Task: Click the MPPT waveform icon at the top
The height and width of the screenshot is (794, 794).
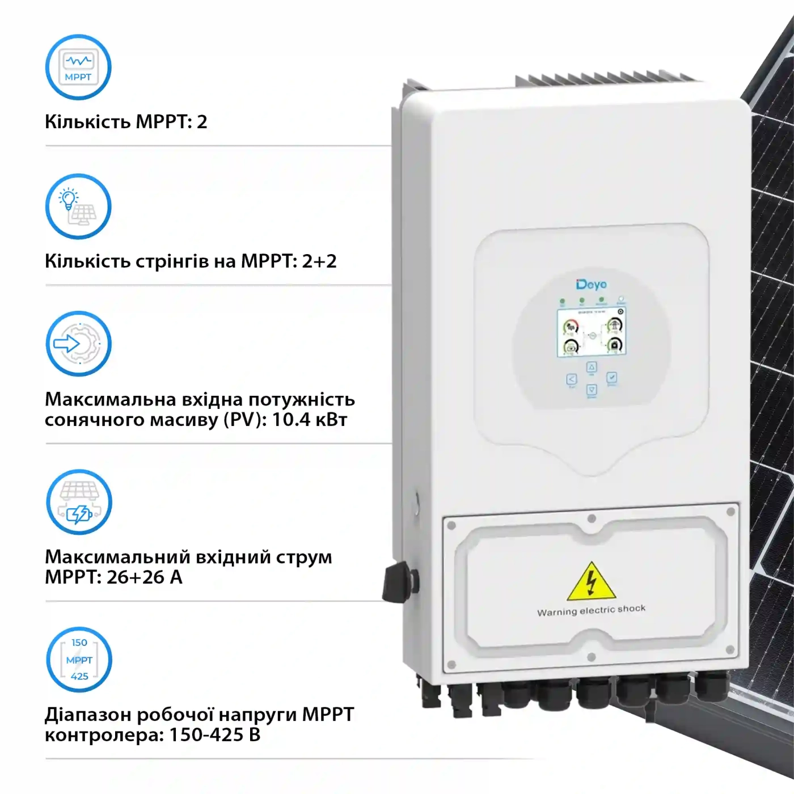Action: coord(78,67)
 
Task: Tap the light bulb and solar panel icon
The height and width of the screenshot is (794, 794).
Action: coord(78,206)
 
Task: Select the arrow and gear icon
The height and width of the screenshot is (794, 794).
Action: coord(78,344)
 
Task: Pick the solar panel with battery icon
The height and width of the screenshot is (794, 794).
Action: coord(79,502)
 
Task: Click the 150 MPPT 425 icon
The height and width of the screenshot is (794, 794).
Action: coord(79,660)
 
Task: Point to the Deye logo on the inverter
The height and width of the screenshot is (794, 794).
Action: coord(592,284)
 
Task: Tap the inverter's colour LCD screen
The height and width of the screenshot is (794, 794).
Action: coord(592,333)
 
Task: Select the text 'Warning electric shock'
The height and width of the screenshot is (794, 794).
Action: coord(592,610)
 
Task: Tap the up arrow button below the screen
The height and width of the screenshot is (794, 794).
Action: coord(592,368)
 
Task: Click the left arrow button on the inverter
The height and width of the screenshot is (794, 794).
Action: coord(571,379)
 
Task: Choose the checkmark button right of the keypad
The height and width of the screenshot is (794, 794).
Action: coord(612,377)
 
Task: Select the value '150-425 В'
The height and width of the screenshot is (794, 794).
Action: coord(215,735)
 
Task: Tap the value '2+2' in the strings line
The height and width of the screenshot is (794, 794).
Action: coord(319,261)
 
